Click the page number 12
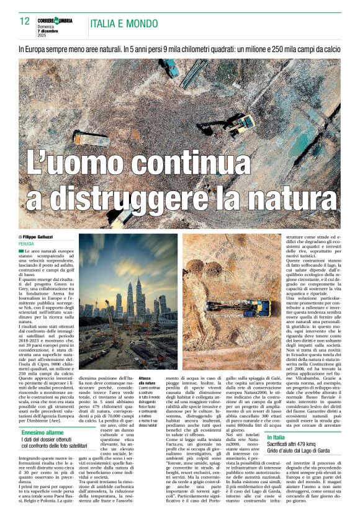[25, 21]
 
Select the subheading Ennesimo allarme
[42, 415]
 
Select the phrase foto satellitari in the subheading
[70, 428]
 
